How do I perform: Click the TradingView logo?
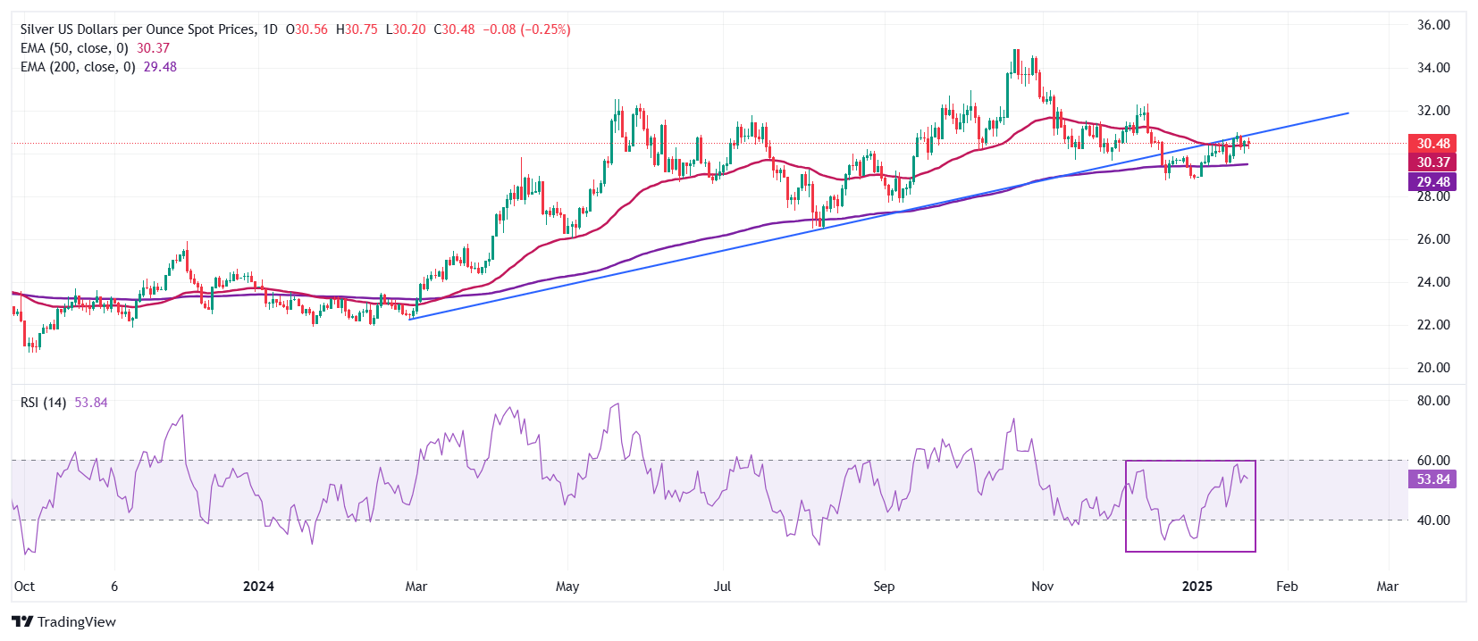pyautogui.click(x=64, y=622)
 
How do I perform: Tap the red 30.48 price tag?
pyautogui.click(x=1433, y=144)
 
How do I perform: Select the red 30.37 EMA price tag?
pyautogui.click(x=1433, y=162)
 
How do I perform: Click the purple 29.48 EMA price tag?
pyautogui.click(x=1433, y=182)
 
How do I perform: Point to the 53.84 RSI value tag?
pyautogui.click(x=1433, y=479)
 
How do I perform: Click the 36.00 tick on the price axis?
pyautogui.click(x=1433, y=25)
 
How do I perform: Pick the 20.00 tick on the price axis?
pyautogui.click(x=1433, y=368)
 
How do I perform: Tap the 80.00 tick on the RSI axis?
pyautogui.click(x=1433, y=401)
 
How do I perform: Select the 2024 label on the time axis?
pyautogui.click(x=258, y=587)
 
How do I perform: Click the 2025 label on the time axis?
pyautogui.click(x=1197, y=587)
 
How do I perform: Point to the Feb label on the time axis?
pyautogui.click(x=1287, y=587)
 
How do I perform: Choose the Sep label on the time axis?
pyautogui.click(x=884, y=587)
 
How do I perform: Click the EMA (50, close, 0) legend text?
pyautogui.click(x=74, y=48)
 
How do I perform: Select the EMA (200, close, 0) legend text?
pyautogui.click(x=78, y=67)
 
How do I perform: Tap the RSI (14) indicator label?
pyautogui.click(x=43, y=403)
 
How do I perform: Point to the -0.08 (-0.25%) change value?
pyautogui.click(x=526, y=29)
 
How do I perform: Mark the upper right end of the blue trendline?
pyautogui.click(x=1348, y=113)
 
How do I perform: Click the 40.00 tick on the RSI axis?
pyautogui.click(x=1433, y=520)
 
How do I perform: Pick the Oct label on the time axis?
pyautogui.click(x=24, y=587)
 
